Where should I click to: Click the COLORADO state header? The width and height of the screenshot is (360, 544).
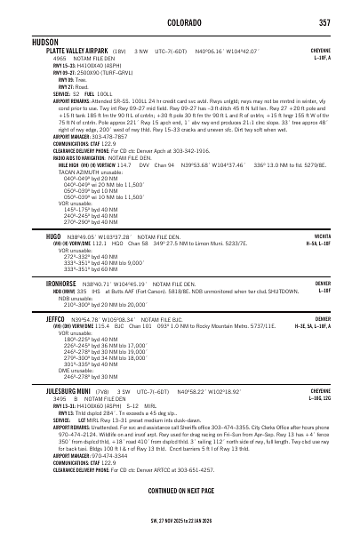pos(179,22)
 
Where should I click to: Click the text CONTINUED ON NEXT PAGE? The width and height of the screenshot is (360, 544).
pos(179,490)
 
